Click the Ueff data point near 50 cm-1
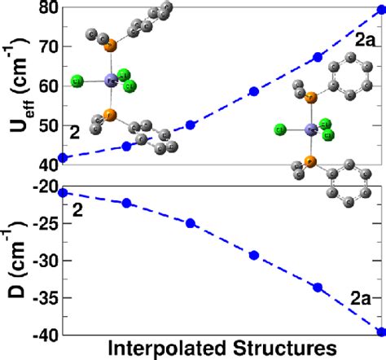click(x=191, y=125)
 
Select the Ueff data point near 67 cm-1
click(x=318, y=57)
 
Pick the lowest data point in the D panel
click(x=380, y=331)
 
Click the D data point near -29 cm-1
click(x=254, y=255)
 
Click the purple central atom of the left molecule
click(x=110, y=80)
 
